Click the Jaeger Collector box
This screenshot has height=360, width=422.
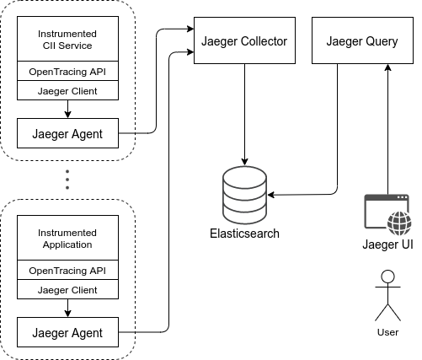pos(244,40)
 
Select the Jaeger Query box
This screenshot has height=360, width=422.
pos(362,40)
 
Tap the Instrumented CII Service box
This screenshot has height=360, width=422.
pos(67,39)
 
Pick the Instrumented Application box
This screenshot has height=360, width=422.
pos(67,238)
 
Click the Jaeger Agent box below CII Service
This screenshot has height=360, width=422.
pos(67,133)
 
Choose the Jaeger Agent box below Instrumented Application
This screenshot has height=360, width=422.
pos(67,332)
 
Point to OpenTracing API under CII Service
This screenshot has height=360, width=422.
pos(67,71)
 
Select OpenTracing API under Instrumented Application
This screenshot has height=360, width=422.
pos(67,270)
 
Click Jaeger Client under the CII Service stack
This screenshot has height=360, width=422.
pos(67,90)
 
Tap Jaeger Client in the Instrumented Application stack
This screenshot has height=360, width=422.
pos(67,289)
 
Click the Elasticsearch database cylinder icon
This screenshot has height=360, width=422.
pos(244,195)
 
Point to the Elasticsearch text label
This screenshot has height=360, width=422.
pos(244,234)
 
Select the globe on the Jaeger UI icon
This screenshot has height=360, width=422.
pos(399,223)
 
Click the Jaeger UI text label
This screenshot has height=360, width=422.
pos(387,244)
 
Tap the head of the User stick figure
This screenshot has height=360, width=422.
pos(387,277)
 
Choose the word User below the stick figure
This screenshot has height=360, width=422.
pos(387,332)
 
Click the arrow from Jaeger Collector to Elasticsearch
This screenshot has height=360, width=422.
pos(244,115)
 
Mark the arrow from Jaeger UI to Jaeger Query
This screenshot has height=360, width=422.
pos(387,129)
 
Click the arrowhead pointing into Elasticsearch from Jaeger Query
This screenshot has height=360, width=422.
pos(271,195)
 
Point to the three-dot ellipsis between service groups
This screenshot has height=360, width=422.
pos(67,180)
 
